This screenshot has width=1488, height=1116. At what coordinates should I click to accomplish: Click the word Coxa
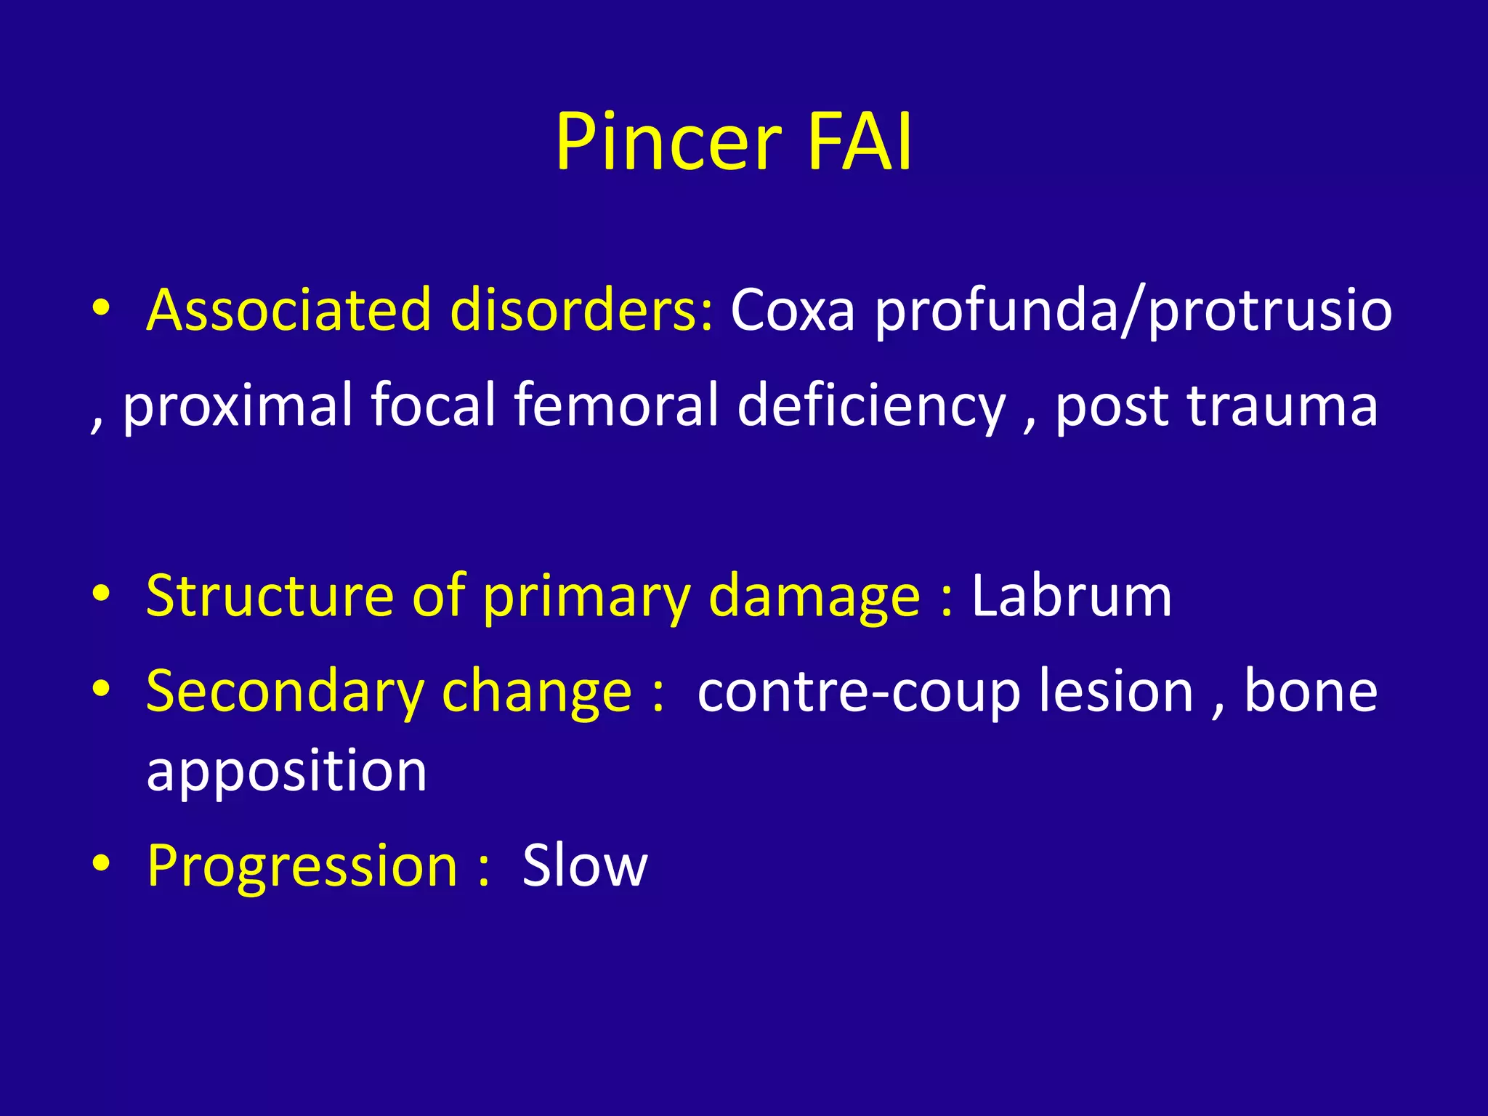point(792,310)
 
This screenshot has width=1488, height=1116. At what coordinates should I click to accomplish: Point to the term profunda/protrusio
point(1133,310)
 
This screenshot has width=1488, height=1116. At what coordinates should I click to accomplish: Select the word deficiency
point(871,405)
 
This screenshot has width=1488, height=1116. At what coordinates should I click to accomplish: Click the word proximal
point(237,405)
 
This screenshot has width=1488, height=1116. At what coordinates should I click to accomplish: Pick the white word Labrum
point(1072,596)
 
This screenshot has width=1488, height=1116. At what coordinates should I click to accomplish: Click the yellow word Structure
point(270,596)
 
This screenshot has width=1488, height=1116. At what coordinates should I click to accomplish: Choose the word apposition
point(287,772)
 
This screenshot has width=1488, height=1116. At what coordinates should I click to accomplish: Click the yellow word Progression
point(302,866)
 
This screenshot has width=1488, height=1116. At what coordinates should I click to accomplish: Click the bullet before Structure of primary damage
point(101,594)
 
